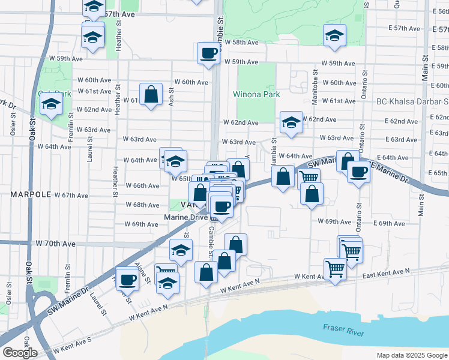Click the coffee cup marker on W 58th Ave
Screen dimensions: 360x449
(x=208, y=53)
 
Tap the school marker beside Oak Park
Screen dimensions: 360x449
(x=52, y=104)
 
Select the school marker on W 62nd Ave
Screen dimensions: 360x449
(x=291, y=123)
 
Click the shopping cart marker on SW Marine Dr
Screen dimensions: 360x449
(x=309, y=178)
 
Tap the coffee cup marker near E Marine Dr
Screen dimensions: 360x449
(x=359, y=172)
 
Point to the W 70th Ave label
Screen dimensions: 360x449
(x=56, y=244)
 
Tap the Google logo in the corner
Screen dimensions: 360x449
(x=20, y=353)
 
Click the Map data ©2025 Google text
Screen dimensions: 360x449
(x=411, y=355)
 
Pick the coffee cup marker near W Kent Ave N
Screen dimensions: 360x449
(x=127, y=278)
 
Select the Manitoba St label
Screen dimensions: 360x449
(x=315, y=95)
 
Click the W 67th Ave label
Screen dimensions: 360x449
(x=71, y=195)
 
